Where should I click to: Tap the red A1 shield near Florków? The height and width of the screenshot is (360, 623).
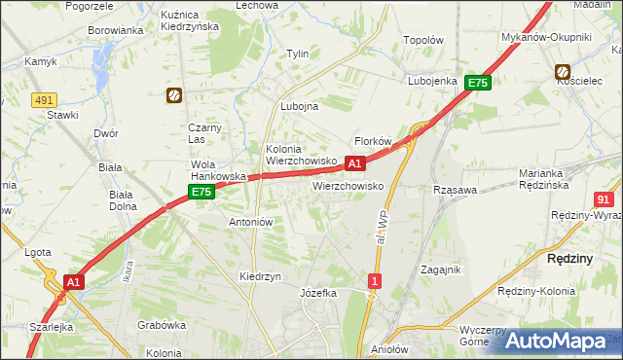pos(355,163)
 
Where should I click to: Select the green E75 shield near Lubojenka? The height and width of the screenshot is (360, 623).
pos(477,84)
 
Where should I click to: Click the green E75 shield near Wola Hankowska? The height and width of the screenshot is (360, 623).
pos(201,193)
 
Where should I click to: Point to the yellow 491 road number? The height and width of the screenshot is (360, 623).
pos(43,99)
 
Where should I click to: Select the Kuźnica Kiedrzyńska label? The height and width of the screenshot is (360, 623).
pos(219,20)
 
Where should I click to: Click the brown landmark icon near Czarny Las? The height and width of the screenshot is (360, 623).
pos(173,95)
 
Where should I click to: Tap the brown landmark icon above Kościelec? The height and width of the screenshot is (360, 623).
pos(563,71)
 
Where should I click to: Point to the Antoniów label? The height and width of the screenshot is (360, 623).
pos(250,222)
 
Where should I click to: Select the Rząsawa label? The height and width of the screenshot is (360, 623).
pos(455,191)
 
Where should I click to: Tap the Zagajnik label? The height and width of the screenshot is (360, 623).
pos(440,270)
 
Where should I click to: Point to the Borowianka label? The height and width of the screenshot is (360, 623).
pos(116,30)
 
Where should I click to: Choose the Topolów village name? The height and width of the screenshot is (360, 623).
pos(423,42)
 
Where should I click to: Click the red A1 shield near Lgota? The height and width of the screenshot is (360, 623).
pos(72,281)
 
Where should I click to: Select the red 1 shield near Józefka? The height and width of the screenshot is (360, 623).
pos(375,281)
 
